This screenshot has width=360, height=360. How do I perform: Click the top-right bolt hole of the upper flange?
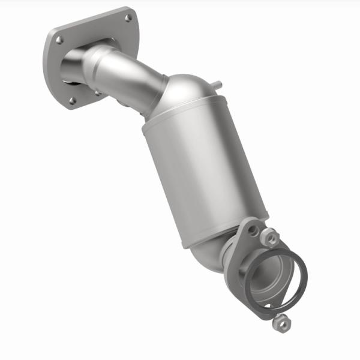(x=128, y=18)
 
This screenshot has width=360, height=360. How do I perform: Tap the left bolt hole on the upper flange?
(x=59, y=40)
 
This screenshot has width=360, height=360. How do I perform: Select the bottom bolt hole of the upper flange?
(x=73, y=100)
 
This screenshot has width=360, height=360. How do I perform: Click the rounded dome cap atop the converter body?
(x=189, y=96)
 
